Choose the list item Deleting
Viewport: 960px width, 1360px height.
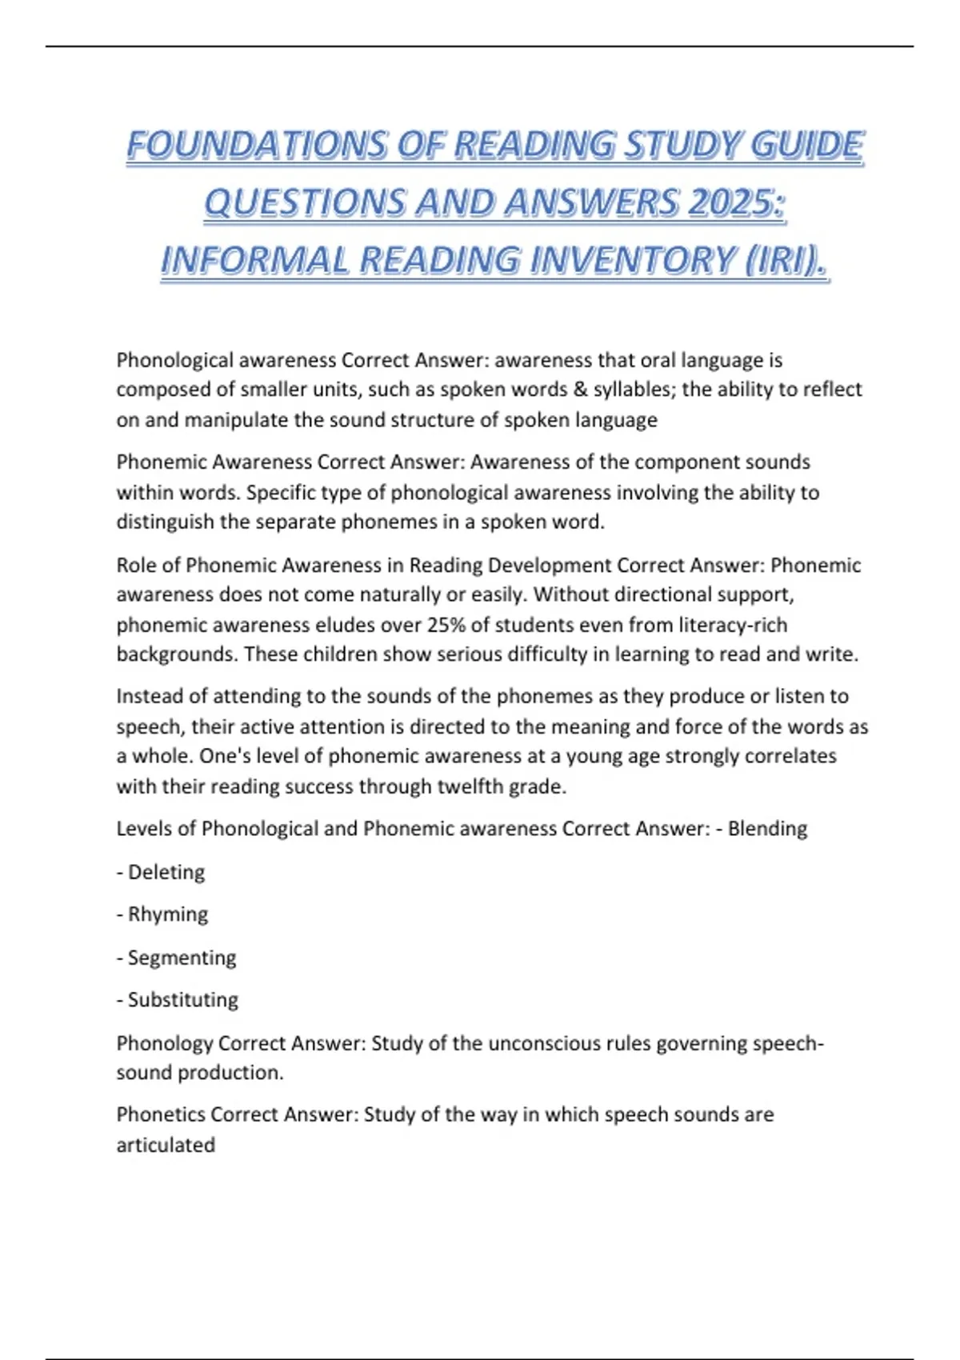[x=166, y=872]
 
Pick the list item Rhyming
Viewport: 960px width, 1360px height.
[x=168, y=914]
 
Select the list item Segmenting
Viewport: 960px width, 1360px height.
[x=182, y=958]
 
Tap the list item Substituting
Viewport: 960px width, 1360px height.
[x=183, y=1000]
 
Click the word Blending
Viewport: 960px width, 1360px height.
[x=767, y=829]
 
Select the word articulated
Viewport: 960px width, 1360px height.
[x=166, y=1146]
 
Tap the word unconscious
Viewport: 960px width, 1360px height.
[x=542, y=1043]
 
